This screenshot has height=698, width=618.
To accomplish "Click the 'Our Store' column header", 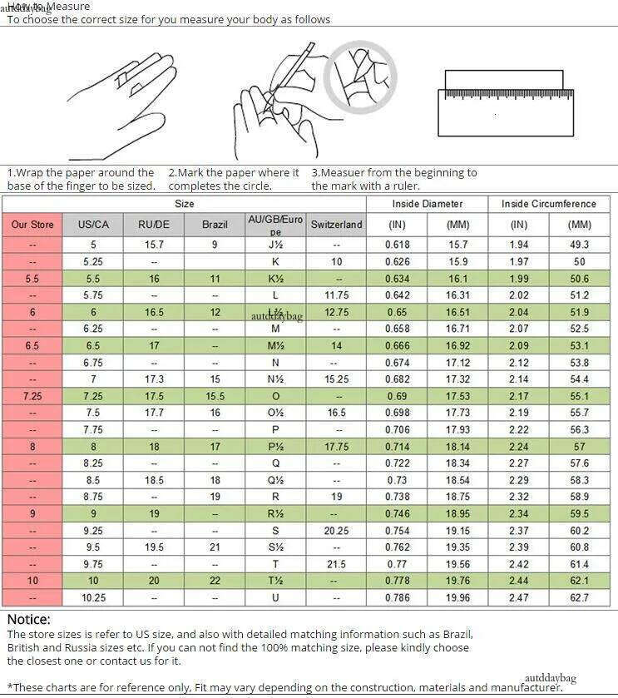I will click(32, 225).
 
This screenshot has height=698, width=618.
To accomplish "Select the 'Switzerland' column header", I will click(336, 225).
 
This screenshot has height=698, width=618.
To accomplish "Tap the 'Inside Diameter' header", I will click(427, 204).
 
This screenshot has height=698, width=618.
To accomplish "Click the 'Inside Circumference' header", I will click(548, 204).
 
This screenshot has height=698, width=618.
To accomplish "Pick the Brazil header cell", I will click(215, 225).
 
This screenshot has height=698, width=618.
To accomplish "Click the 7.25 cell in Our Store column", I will click(32, 396).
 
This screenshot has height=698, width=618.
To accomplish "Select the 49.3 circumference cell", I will click(579, 245).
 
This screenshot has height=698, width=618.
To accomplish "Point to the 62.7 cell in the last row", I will click(579, 597).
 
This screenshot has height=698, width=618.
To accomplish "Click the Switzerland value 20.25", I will click(336, 531).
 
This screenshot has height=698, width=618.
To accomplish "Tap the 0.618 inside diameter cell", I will click(397, 245).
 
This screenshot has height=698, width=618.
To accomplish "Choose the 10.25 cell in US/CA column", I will click(93, 597).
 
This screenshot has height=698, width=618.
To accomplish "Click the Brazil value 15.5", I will click(215, 396).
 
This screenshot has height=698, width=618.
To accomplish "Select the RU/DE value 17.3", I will click(154, 379).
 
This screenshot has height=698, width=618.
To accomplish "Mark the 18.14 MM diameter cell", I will click(457, 447).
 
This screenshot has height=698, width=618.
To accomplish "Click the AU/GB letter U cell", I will click(275, 597).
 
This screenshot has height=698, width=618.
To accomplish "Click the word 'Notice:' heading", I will click(29, 619).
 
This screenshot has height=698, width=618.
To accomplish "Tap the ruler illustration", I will click(505, 103).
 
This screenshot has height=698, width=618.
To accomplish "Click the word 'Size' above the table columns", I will click(184, 204).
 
